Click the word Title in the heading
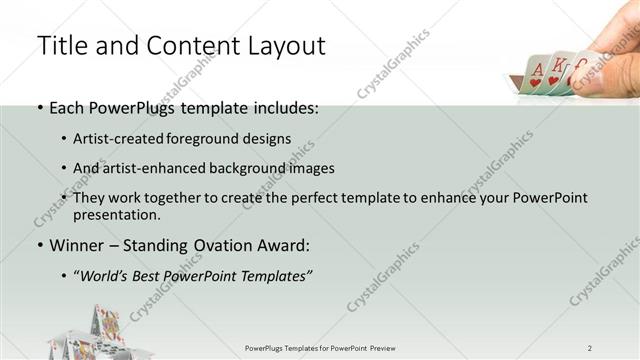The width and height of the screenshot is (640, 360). pos(62,45)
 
